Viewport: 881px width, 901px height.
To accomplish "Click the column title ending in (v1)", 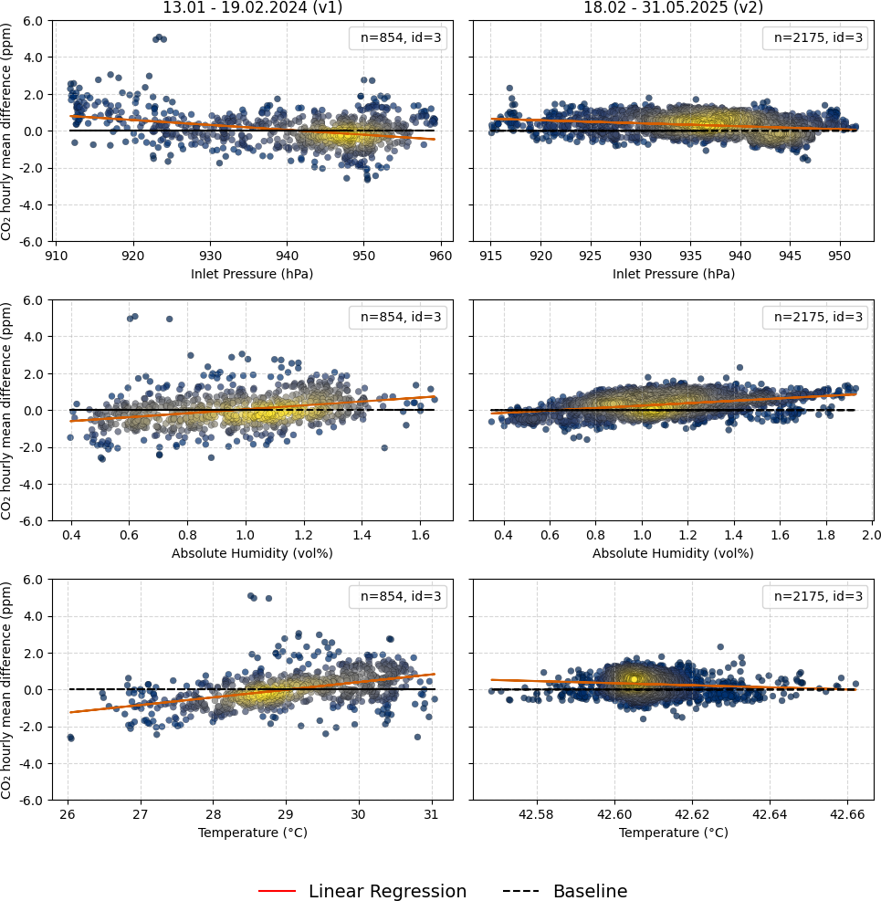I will [253, 8].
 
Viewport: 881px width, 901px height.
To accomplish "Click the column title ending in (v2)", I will [673, 8].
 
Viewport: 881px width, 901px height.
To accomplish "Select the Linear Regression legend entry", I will [362, 891].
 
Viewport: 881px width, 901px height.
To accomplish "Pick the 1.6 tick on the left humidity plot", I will [420, 534].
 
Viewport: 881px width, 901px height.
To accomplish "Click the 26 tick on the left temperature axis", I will [68, 813].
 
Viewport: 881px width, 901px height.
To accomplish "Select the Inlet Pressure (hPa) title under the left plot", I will [252, 274].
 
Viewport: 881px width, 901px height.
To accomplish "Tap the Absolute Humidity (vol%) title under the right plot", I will [673, 553].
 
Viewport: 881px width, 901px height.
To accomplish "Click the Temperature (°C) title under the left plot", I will [252, 833].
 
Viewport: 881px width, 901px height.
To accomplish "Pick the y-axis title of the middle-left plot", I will [7, 410].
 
